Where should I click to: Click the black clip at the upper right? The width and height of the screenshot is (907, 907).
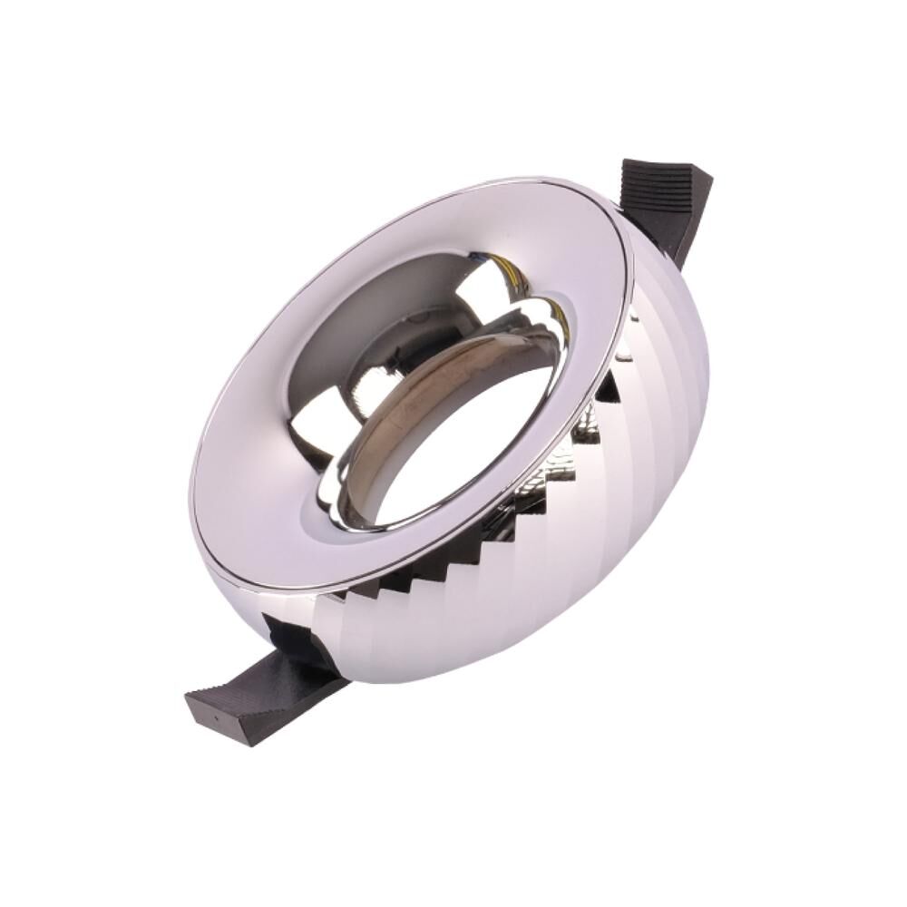coord(667,204)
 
